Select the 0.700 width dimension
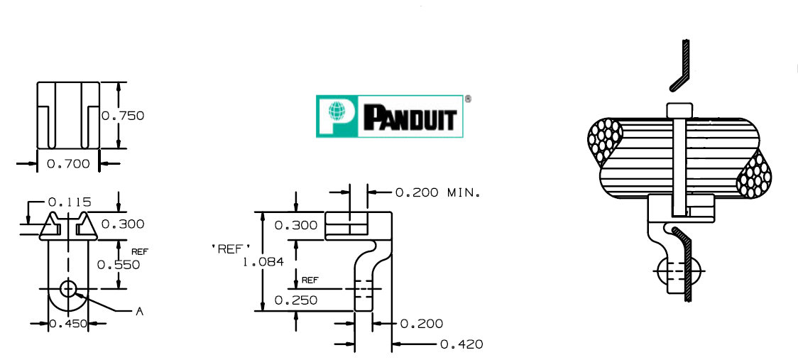(x=68, y=164)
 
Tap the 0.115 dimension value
(x=70, y=202)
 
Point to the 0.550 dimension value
(x=119, y=264)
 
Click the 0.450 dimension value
(x=68, y=324)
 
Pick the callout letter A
(x=140, y=311)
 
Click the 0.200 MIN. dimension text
(x=437, y=192)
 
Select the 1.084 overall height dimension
(x=263, y=261)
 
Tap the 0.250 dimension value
(x=296, y=300)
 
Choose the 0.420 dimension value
(x=461, y=344)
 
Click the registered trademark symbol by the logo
(x=467, y=99)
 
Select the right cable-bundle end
(x=754, y=173)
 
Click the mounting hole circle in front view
(x=68, y=289)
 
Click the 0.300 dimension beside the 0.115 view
(x=123, y=224)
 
